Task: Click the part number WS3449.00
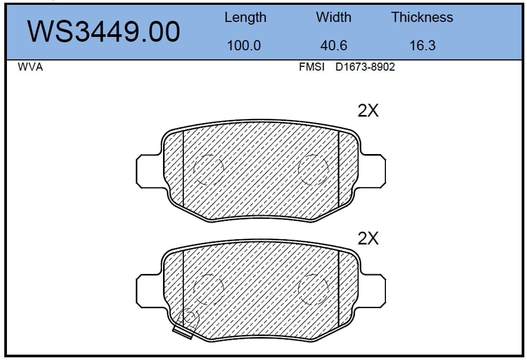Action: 104,31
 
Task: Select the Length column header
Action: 245,18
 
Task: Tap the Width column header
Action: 334,17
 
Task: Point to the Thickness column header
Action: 422,17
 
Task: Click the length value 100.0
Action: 244,45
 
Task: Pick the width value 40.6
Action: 334,45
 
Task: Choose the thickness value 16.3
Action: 422,45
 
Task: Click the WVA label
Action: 30,67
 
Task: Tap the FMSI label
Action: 312,67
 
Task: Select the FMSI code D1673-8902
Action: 365,67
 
